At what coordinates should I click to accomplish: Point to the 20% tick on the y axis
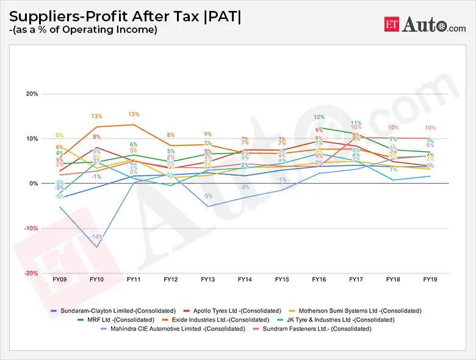click(32, 94)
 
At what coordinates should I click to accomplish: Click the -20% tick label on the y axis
click(31, 273)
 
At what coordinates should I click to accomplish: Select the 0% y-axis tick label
click(34, 184)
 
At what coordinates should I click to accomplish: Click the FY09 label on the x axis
click(60, 279)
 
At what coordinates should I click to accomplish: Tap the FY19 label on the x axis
click(430, 279)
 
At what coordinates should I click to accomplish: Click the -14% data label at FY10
click(96, 236)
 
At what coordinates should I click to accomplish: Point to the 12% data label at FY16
click(319, 117)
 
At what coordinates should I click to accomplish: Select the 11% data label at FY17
click(356, 123)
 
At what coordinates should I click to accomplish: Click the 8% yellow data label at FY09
click(59, 135)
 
